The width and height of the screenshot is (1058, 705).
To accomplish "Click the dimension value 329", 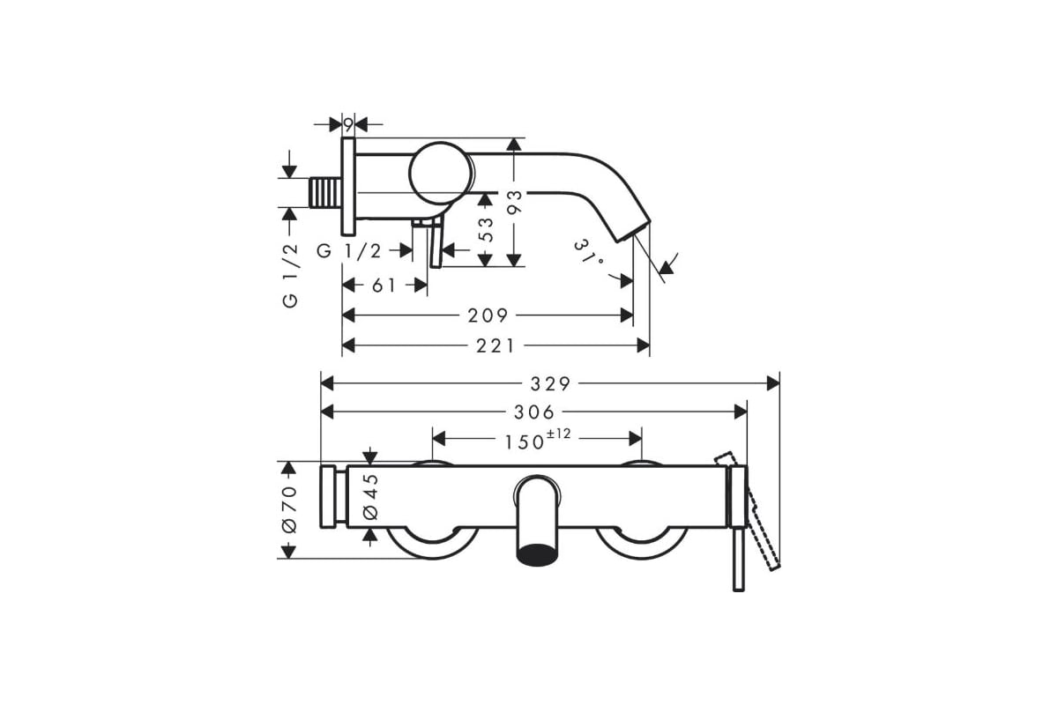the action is click(550, 384).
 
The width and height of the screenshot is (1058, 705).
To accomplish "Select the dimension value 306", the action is click(534, 412).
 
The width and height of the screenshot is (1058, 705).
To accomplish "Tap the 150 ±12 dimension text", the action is click(538, 440).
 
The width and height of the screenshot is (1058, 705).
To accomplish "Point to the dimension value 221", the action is click(495, 346).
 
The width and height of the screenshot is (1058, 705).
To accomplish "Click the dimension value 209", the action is click(488, 315).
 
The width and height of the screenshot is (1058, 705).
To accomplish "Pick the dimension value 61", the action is click(384, 286).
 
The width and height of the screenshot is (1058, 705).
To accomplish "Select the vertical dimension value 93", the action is click(514, 203).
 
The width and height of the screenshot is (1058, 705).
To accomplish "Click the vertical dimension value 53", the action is click(486, 229).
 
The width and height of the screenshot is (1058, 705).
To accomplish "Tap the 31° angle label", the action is click(590, 254).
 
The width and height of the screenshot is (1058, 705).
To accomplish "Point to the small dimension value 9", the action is click(348, 125).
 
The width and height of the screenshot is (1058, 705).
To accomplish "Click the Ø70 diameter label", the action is click(289, 509).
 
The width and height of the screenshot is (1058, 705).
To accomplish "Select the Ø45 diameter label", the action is click(371, 497).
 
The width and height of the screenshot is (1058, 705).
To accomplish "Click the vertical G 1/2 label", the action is click(290, 276).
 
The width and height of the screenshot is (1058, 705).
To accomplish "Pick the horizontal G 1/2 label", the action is click(349, 251).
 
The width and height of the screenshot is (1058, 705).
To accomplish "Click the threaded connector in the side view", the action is click(325, 193).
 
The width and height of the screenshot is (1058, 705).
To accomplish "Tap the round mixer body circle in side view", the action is click(440, 174).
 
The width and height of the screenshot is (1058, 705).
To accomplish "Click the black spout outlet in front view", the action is click(538, 555).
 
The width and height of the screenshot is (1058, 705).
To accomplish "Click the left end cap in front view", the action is click(328, 496).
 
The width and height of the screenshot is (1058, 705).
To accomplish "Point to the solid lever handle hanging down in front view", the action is click(739, 559).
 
